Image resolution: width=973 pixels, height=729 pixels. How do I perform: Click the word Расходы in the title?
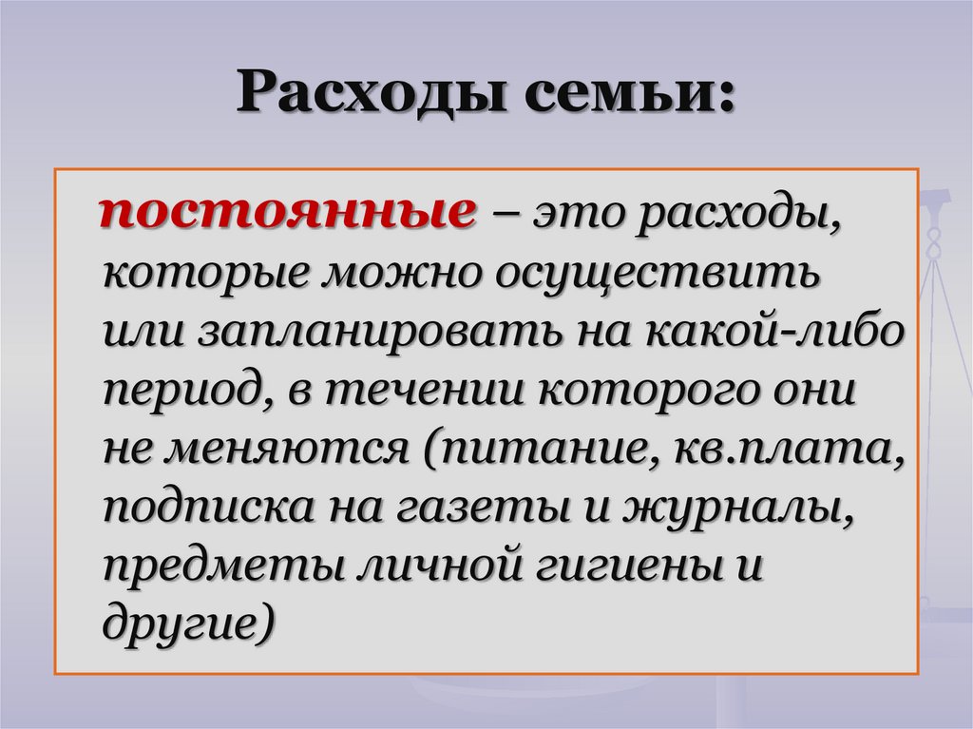pyautogui.click(x=372, y=95)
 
